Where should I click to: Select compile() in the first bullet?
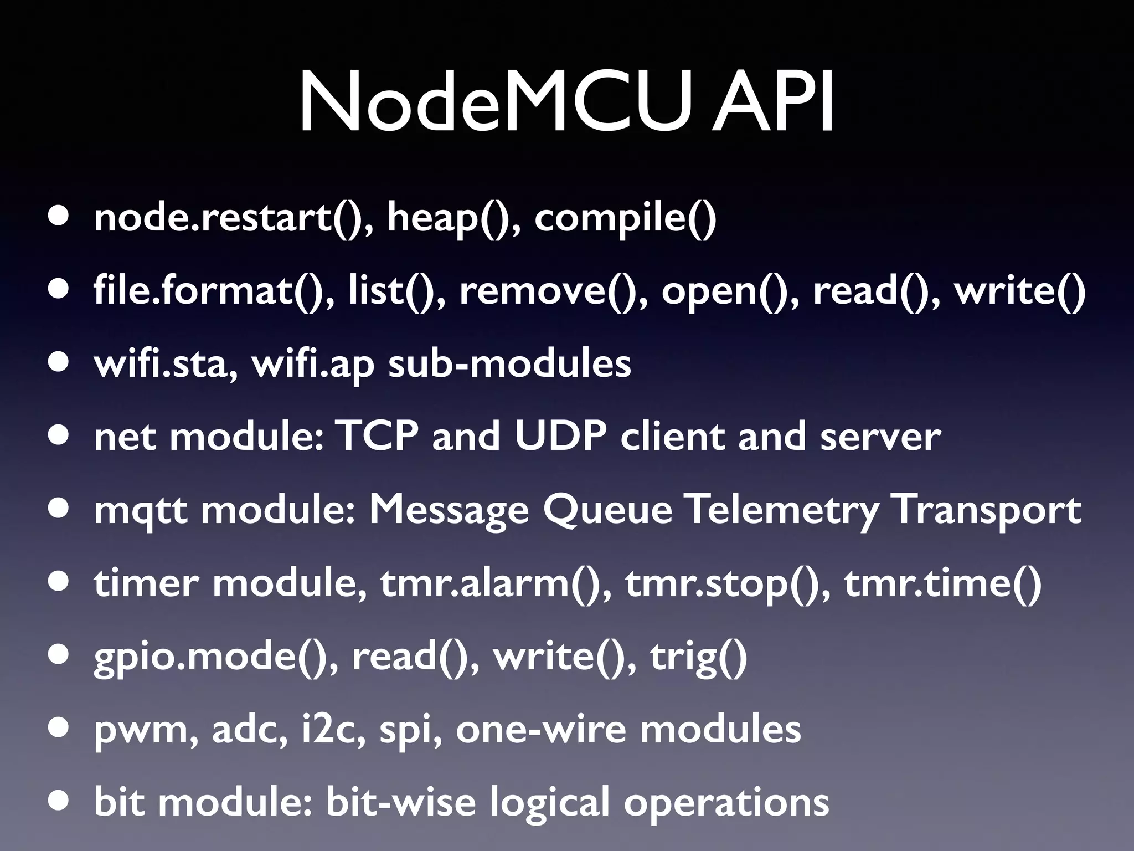click(x=625, y=218)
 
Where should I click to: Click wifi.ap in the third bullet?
click(x=313, y=365)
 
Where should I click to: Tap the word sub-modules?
click(x=509, y=363)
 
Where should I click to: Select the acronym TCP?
click(x=377, y=437)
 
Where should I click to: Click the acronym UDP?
click(x=560, y=437)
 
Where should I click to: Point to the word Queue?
click(x=607, y=510)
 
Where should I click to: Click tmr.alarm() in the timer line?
click(x=496, y=583)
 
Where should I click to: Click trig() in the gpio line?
click(x=698, y=657)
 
